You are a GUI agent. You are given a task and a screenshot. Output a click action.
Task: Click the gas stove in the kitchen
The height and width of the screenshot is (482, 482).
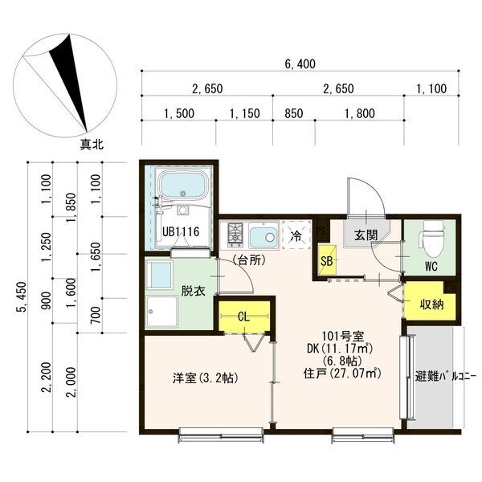tap(235, 235)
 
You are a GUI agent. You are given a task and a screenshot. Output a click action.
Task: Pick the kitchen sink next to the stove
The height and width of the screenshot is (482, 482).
tap(263, 236)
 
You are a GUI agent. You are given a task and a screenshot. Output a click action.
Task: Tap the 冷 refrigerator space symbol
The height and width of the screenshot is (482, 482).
tap(296, 236)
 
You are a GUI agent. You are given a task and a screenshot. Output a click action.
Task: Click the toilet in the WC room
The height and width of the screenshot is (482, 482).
tap(432, 237)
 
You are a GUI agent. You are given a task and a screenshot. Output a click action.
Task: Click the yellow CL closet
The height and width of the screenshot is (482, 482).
tap(242, 315)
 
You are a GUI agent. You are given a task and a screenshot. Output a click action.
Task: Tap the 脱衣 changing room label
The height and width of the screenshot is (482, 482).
tap(194, 290)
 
